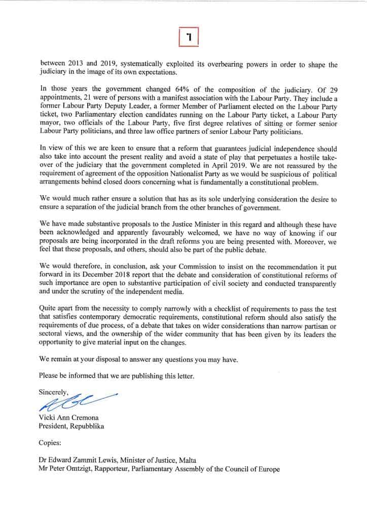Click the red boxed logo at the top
(x=189, y=36)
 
